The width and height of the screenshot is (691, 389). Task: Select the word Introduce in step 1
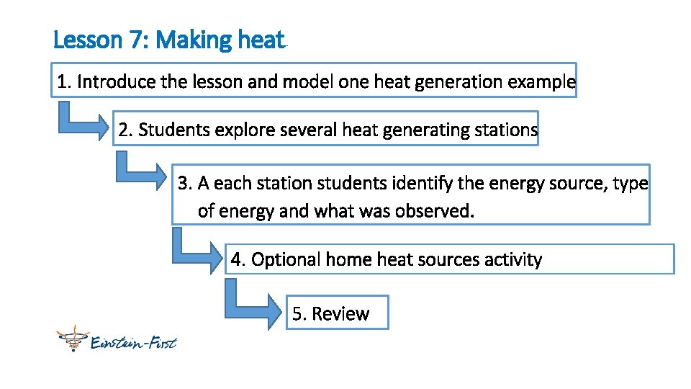pos(116,82)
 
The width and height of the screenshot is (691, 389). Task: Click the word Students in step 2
pos(171,130)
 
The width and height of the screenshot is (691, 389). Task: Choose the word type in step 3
pos(631,184)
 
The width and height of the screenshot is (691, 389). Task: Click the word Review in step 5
pos(340,314)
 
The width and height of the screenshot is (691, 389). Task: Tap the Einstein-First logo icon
pos(71,338)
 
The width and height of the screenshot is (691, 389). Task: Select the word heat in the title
pos(260,40)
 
